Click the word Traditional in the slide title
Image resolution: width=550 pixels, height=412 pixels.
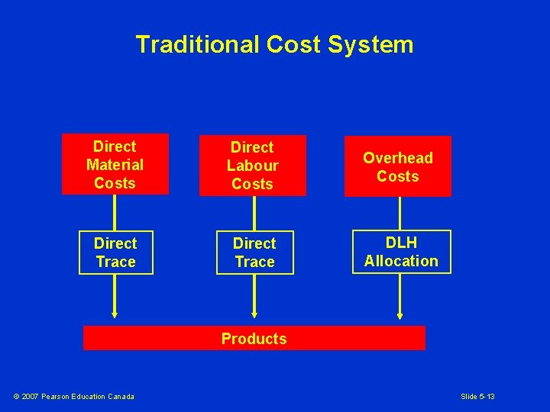(198, 45)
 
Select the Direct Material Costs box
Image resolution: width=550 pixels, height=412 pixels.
(115, 165)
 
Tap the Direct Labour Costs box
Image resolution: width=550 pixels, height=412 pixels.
(252, 166)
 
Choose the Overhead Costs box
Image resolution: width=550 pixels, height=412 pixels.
(397, 166)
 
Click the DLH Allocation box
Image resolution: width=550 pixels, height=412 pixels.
(401, 252)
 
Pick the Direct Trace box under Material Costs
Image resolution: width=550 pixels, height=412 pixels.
(115, 253)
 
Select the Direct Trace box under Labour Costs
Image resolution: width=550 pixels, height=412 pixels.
(254, 253)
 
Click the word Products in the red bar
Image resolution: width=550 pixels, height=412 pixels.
(254, 339)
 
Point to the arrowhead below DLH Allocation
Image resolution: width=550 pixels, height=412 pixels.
(400, 314)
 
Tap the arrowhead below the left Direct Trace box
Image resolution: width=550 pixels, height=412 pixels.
(115, 314)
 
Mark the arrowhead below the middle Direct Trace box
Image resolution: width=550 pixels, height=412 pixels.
(254, 314)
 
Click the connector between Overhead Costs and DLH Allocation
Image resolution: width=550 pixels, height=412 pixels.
(400, 213)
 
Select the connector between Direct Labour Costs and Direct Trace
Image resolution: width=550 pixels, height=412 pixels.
(253, 213)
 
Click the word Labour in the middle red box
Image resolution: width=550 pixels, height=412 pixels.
(252, 166)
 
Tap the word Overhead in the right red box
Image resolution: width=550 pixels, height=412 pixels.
(397, 158)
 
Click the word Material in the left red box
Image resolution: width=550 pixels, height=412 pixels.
(115, 165)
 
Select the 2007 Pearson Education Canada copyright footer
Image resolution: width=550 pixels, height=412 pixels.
(74, 396)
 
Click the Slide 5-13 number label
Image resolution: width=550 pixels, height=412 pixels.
(477, 396)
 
